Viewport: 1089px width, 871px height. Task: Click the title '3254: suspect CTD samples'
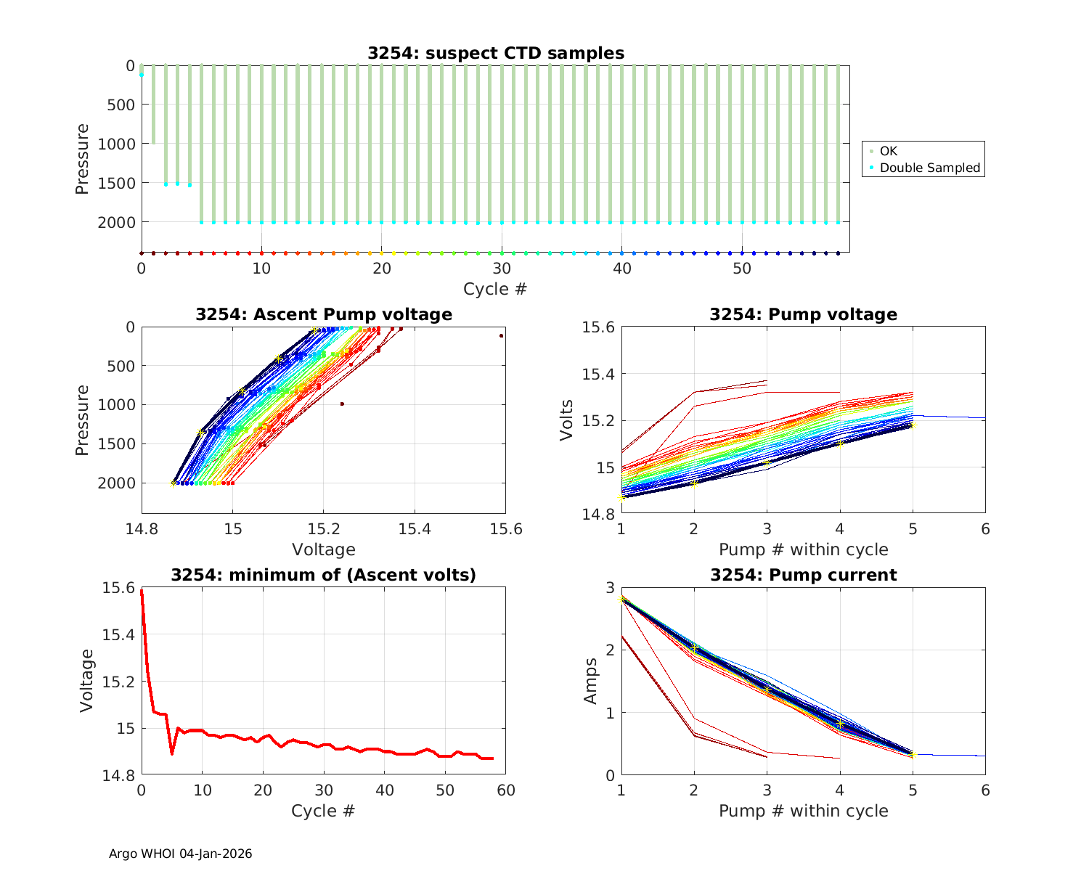495,53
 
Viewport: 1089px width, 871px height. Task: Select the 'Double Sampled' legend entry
929,168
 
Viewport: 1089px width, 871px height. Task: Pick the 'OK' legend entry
889,151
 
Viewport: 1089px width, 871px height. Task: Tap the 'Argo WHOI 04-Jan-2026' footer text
180,854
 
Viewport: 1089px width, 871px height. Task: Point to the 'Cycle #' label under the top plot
495,289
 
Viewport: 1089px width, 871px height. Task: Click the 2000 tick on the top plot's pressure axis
116,222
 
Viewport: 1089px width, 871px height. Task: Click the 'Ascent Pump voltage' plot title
324,314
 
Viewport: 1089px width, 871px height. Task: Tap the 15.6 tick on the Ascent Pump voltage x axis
505,530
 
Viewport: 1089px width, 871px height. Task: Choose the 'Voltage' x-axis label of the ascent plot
323,549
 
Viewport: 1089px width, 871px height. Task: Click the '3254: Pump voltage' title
803,314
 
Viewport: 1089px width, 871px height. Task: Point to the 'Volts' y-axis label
567,420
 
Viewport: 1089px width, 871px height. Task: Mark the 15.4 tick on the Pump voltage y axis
598,375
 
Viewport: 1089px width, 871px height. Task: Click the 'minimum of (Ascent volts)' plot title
324,575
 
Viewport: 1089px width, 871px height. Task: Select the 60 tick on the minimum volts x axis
505,790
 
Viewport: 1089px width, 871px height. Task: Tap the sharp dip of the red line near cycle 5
172,753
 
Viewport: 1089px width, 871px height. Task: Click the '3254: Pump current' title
803,575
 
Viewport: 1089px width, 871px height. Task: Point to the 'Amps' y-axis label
591,681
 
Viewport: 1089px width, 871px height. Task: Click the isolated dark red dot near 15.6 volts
501,335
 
